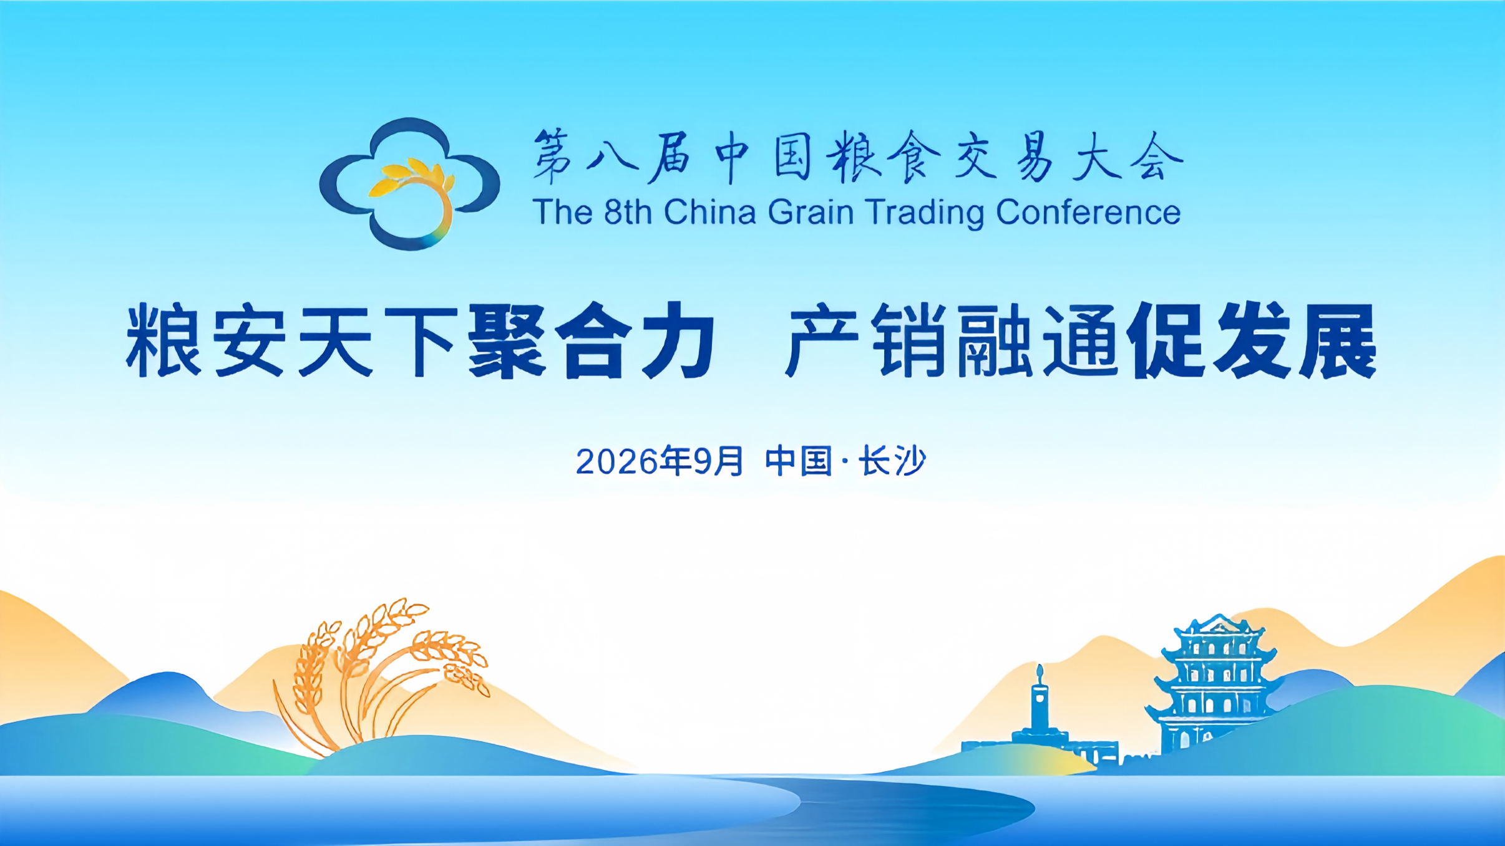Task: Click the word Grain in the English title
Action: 811,212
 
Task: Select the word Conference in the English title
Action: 1088,212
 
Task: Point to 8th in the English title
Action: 628,212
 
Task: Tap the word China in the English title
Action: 710,212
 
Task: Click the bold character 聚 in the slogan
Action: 507,340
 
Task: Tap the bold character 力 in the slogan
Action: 678,340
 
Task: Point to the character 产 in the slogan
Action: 822,340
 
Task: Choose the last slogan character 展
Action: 1338,340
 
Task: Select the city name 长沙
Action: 893,461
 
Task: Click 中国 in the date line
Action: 799,461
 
